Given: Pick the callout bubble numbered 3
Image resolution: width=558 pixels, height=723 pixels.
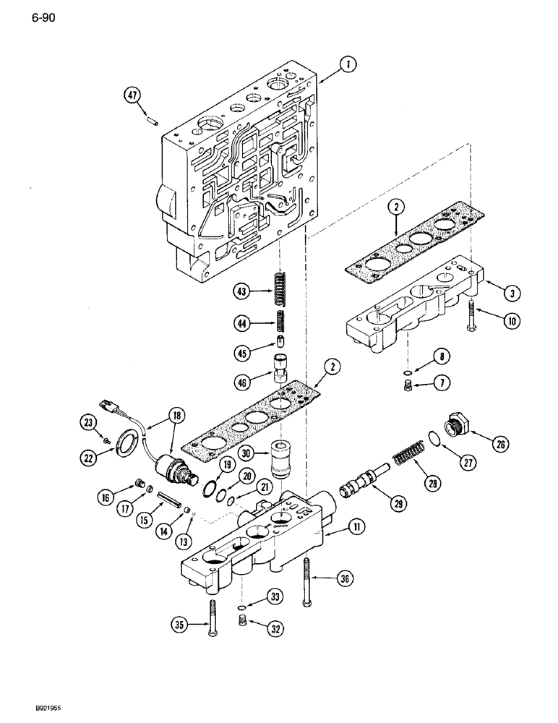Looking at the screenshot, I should tap(511, 293).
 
